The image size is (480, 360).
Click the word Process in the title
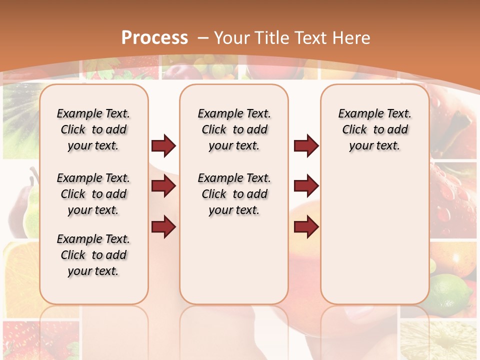pos(154,38)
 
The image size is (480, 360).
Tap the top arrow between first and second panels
pos(163,146)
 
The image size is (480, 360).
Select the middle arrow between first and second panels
pos(163,186)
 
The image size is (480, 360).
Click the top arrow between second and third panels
pos(306,146)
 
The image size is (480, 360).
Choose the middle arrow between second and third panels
pos(306,186)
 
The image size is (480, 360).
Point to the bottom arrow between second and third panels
pos(306,227)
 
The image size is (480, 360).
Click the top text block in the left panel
pos(93,129)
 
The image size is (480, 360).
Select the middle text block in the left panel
pos(93,194)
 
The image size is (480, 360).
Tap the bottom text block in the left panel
pos(93,255)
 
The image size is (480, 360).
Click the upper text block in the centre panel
pos(234,129)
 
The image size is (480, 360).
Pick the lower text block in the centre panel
pos(234,194)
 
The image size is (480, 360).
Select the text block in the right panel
pos(375,129)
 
